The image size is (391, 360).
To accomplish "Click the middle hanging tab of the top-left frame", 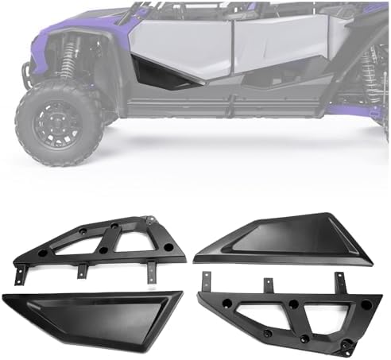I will tap(81, 271).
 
